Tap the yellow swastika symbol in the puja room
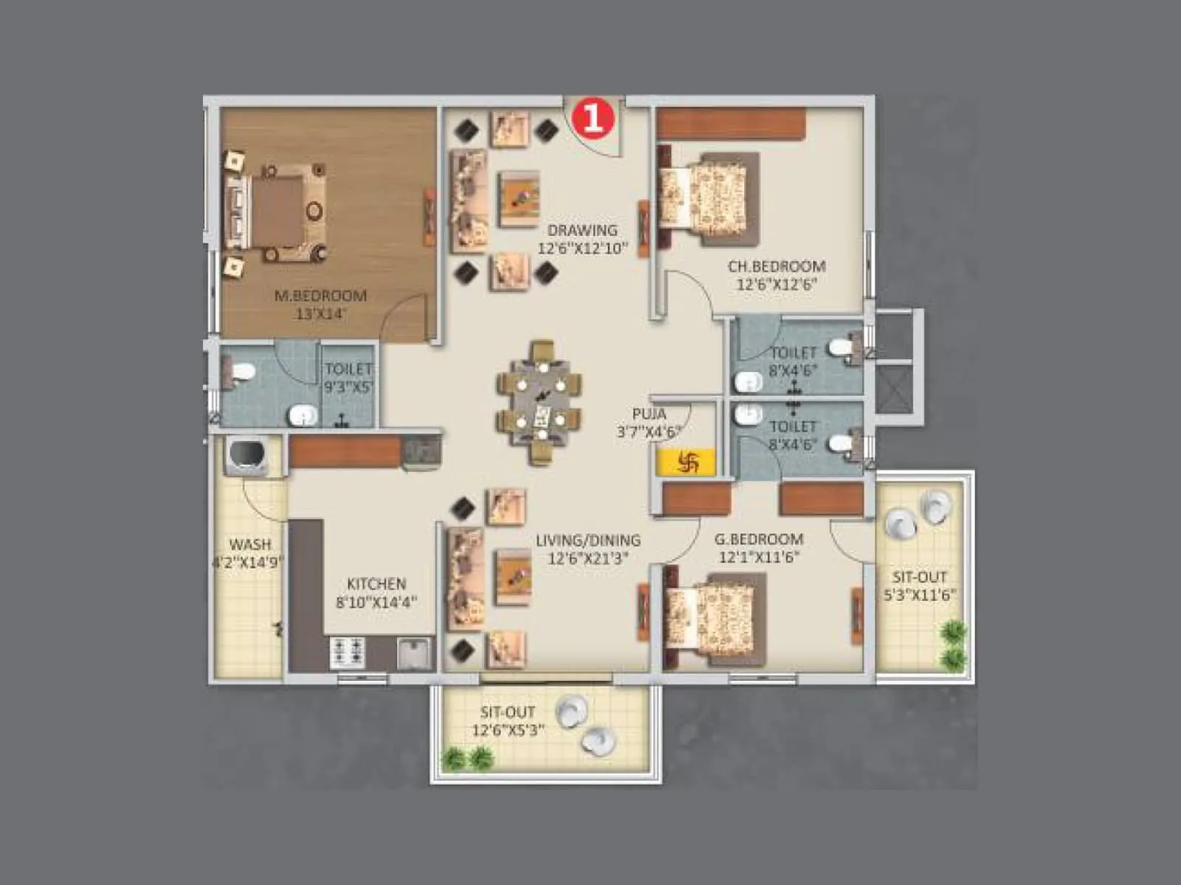(686, 462)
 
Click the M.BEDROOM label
(320, 296)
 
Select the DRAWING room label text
(582, 230)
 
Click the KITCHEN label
(376, 583)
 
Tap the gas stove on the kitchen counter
(347, 650)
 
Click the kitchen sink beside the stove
(414, 653)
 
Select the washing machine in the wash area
(246, 456)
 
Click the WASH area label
(250, 544)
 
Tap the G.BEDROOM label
(759, 539)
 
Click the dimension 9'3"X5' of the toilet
(348, 386)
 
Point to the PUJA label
(650, 414)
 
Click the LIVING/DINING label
(588, 541)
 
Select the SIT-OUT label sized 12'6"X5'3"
(508, 712)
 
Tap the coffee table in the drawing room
(520, 198)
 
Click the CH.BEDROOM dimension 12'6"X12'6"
(777, 285)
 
